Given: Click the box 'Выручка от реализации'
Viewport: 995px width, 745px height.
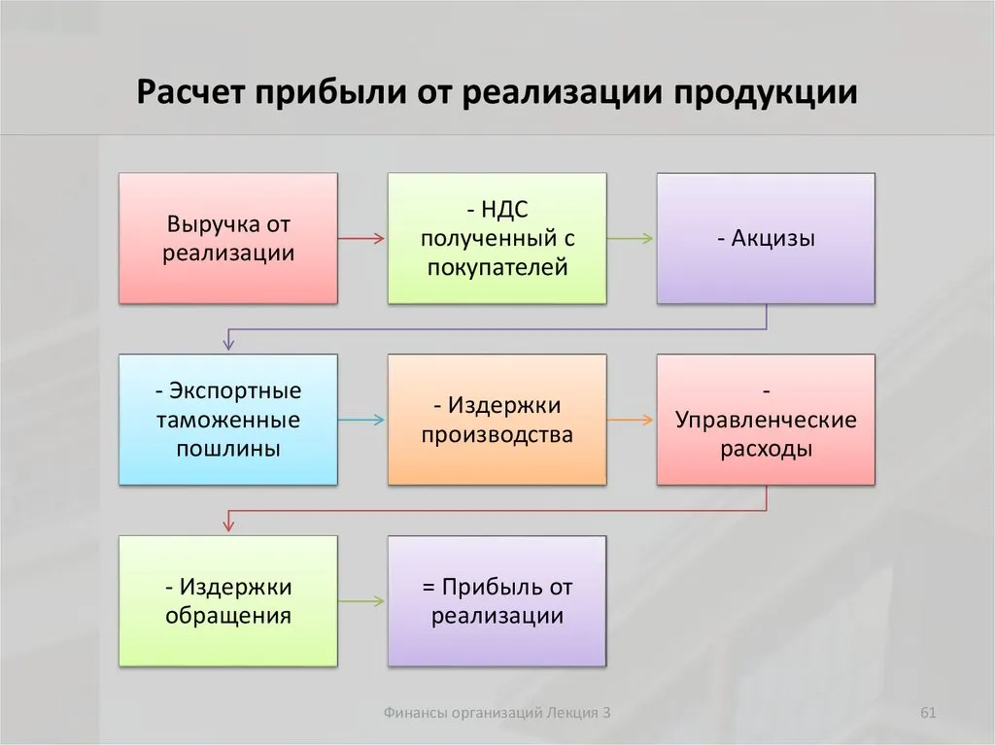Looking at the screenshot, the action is point(228,238).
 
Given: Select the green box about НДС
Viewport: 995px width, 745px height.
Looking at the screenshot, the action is point(497,238).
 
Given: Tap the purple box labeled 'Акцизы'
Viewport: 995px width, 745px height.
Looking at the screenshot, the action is point(766,238).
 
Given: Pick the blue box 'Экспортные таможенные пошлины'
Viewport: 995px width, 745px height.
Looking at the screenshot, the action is point(228,420).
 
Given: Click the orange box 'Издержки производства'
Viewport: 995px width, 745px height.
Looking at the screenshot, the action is point(497,420).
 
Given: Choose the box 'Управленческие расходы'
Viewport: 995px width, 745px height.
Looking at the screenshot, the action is point(766,420).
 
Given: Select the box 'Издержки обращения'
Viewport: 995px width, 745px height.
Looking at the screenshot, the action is point(228,601).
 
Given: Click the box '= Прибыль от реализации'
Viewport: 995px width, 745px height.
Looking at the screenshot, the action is point(497,601).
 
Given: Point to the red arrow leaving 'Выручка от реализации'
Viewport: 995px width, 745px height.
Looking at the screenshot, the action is point(361,239).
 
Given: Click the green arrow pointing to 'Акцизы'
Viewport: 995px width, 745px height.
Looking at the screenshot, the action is point(630,239).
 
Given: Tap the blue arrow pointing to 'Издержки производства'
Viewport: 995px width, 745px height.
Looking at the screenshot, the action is point(361,420).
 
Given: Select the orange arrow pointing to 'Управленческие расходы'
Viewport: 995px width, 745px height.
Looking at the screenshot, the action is point(630,420).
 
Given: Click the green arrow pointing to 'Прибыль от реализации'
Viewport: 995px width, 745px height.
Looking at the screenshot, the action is point(361,601).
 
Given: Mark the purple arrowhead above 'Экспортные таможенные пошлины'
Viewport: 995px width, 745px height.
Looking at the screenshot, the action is point(228,345).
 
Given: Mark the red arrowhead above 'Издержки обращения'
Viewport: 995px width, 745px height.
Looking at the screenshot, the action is point(228,526).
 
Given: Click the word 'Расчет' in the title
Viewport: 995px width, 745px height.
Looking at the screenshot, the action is point(190,92).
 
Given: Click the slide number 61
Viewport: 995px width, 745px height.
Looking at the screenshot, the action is point(928,713).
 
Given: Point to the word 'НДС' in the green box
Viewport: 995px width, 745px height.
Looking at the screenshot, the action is point(504,210).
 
